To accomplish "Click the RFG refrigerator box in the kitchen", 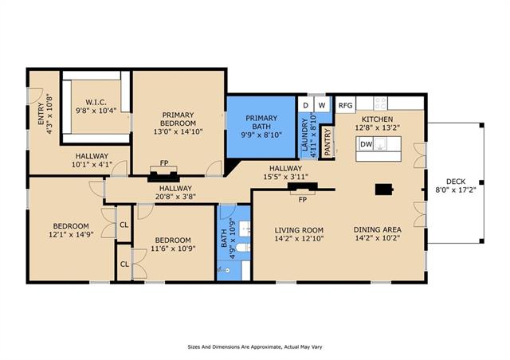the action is click(345, 105).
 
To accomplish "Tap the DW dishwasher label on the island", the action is click(367, 144).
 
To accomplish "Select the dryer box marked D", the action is click(305, 105).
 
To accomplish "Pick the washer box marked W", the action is click(322, 105).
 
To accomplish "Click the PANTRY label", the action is click(328, 142).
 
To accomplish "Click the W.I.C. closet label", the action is click(96, 102).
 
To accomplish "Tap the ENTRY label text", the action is click(41, 114).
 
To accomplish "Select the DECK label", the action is click(456, 182).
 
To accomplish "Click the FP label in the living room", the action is click(303, 200).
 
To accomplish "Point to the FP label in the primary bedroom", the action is click(164, 162).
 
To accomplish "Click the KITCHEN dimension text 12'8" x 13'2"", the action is click(377, 127).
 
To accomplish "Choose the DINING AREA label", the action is click(377, 229).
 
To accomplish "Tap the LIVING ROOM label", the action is click(299, 230).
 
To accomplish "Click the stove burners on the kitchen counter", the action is click(381, 103).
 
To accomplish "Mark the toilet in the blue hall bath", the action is click(243, 248).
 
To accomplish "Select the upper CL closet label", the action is click(124, 225).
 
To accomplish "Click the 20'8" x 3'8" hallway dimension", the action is click(175, 197).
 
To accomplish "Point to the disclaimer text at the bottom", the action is click(255, 347).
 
